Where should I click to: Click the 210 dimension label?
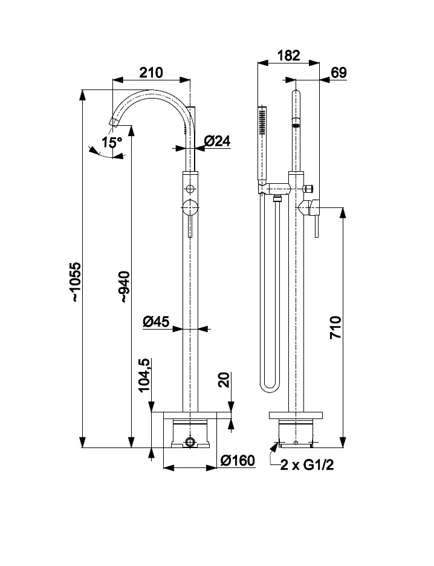coord(151,73)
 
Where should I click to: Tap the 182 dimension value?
coord(289,56)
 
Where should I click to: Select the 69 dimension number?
coord(339,73)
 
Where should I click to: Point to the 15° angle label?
coord(112,143)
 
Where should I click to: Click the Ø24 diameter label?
coord(217,141)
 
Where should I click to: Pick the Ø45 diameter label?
coord(155,322)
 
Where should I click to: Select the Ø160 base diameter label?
coord(238,461)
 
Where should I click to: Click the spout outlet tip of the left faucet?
coord(112,122)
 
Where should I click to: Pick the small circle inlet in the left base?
coord(190,442)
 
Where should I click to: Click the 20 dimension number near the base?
coord(222,381)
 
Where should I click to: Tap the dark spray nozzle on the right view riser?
coord(296,125)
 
